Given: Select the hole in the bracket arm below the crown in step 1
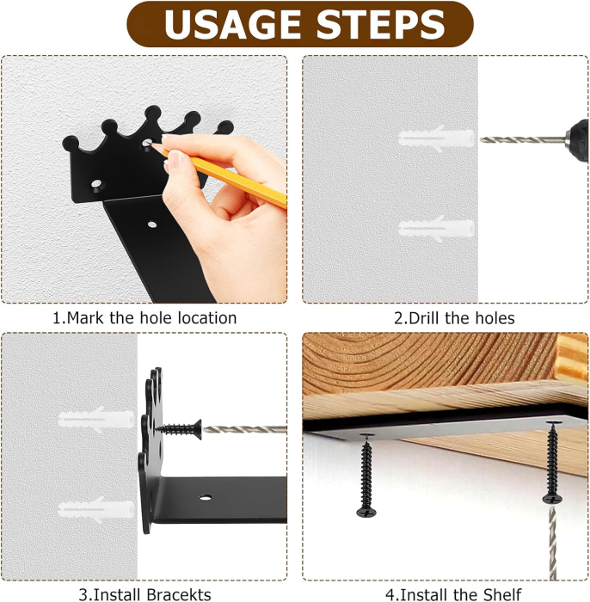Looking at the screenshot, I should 152,225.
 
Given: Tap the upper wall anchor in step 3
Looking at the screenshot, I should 94,420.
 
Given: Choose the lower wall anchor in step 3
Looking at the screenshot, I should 95,507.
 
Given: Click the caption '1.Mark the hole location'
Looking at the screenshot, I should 144,317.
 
